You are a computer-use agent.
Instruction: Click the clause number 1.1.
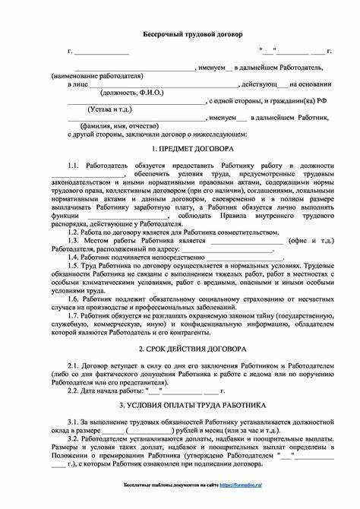73,165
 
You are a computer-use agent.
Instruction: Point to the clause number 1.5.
73,265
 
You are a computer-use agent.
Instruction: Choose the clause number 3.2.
73,438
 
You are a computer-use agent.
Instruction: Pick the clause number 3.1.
73,420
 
